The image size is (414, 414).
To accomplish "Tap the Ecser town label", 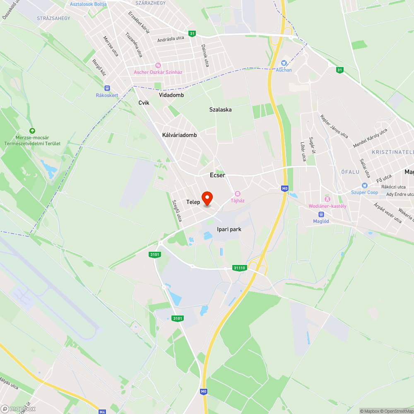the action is pos(217,175).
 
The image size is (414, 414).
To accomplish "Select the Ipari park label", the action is pos(229,229).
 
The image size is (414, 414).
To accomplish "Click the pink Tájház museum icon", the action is pos(238,193).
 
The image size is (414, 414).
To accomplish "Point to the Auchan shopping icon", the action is pos(284,63).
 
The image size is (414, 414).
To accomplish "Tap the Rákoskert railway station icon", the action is pos(107,88).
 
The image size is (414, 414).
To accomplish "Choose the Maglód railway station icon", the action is pos(321,214).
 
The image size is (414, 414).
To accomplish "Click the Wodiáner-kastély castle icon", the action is pos(327,199).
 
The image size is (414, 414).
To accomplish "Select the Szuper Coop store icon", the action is pos(364,185).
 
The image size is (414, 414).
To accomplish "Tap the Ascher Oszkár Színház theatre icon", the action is pos(157,65).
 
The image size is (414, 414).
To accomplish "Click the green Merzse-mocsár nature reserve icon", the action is pos(32,130).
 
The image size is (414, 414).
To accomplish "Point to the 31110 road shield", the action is pos(240,268).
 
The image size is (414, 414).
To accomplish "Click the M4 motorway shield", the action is pos(102,412).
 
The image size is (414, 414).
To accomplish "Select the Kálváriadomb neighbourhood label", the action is pos(179,135).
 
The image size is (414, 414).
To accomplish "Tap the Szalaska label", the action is pos(220,110).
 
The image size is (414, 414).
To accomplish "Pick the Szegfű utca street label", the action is pos(177,210).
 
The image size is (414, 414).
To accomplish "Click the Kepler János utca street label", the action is pos(334,126).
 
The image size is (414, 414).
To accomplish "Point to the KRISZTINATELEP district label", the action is pos(392,152).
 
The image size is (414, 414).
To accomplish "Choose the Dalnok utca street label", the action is pos(205,55).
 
